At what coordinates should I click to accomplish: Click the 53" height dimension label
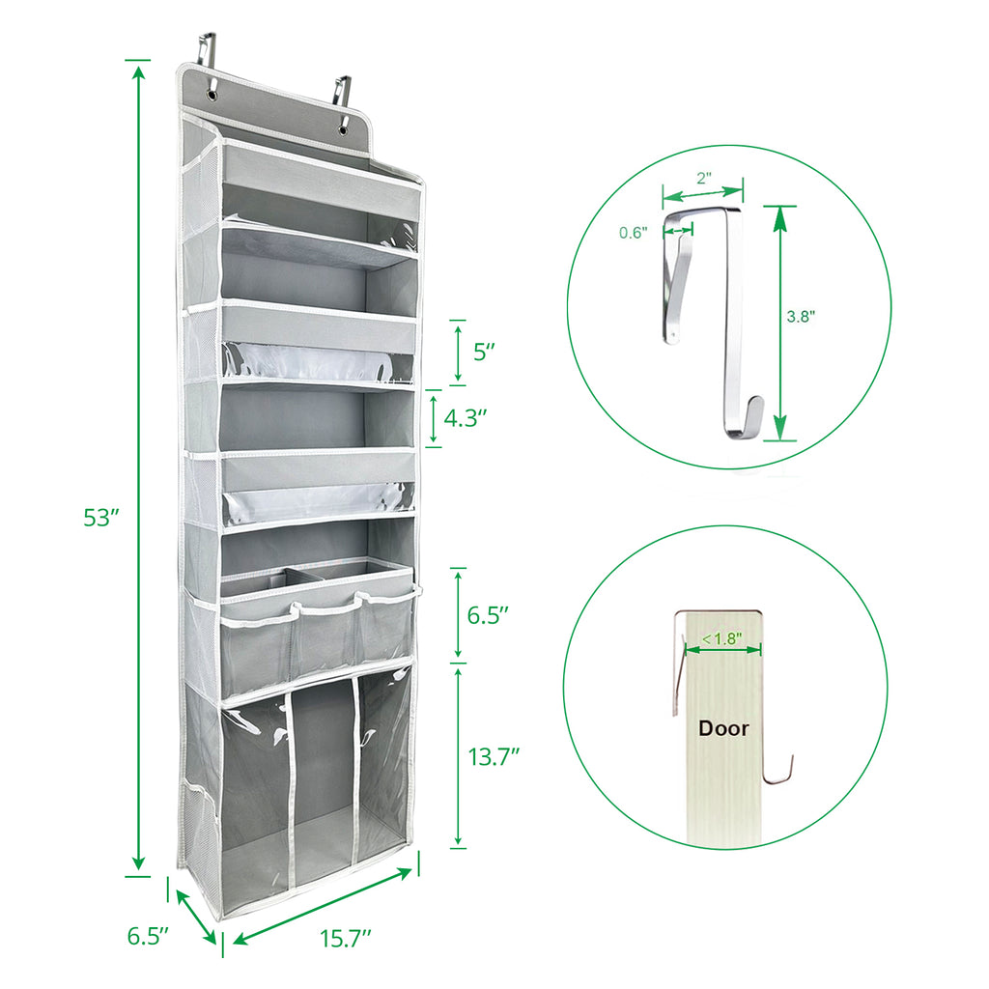(100, 518)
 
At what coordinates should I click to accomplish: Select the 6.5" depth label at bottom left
(149, 936)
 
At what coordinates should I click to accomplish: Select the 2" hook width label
(702, 178)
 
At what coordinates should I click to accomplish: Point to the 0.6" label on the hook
(634, 232)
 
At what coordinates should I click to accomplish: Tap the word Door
(724, 728)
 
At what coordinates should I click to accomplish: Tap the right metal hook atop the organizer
(340, 89)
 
